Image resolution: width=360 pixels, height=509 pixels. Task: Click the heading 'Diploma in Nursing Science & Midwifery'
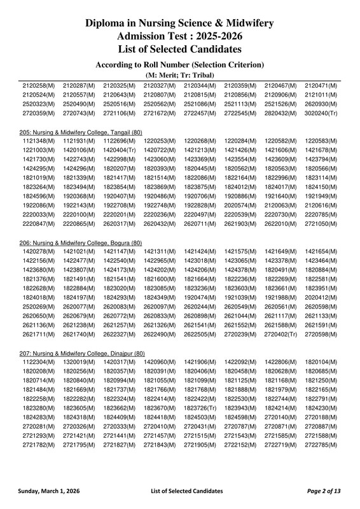[180, 24]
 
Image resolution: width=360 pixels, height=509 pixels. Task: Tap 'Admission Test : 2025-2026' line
[180, 36]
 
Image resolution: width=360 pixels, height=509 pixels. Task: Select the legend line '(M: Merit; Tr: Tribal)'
[180, 75]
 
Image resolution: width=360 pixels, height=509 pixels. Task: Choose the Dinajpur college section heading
[82, 353]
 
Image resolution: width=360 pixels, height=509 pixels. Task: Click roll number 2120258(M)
[38, 85]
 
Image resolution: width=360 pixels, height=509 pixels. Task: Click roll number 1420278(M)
[38, 252]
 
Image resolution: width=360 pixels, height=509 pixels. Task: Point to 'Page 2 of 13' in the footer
[323, 491]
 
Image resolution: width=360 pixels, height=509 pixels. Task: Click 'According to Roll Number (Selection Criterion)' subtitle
[180, 64]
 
